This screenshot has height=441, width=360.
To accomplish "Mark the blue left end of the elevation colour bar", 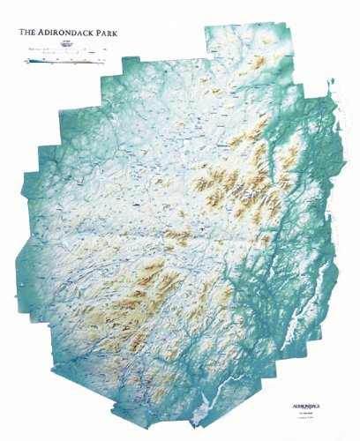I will pyautogui.click(x=30, y=61).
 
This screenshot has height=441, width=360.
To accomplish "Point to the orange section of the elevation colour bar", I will pyautogui.click(x=84, y=61).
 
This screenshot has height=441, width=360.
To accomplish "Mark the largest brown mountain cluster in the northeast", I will pyautogui.click(x=234, y=176).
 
